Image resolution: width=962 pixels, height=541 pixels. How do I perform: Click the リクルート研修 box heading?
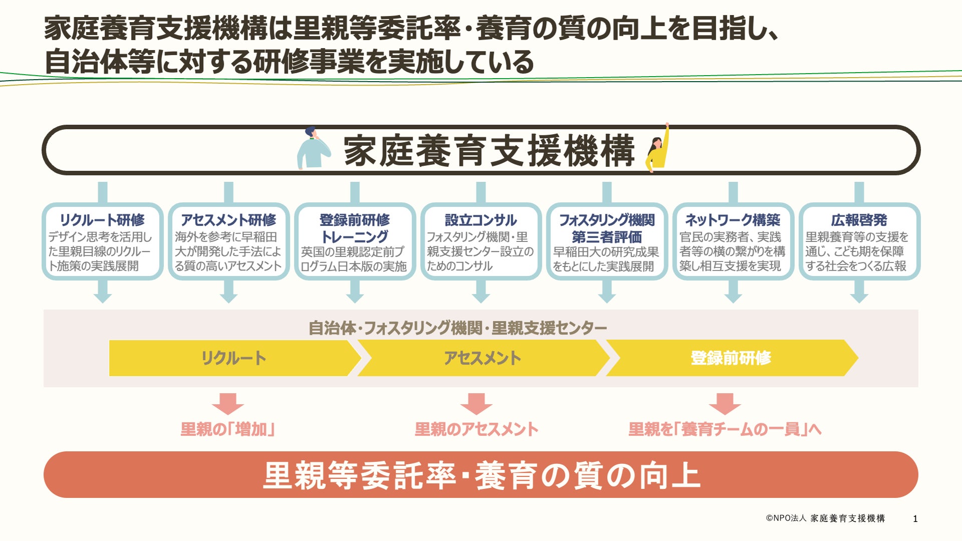(x=102, y=220)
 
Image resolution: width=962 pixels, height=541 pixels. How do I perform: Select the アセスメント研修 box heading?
(x=228, y=220)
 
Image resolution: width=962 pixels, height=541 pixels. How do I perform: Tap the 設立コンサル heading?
(x=481, y=220)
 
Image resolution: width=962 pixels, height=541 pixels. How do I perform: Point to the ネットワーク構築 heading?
(x=733, y=220)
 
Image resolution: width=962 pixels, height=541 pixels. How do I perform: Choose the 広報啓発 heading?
(x=859, y=220)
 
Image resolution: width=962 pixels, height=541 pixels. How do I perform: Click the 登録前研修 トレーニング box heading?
(x=355, y=228)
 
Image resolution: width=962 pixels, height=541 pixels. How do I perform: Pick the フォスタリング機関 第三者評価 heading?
(x=607, y=228)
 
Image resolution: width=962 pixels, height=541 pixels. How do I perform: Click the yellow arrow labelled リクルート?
(x=233, y=358)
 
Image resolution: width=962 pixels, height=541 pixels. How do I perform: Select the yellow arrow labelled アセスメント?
(x=482, y=358)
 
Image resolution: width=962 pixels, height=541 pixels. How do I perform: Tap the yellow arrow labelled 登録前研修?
(x=731, y=358)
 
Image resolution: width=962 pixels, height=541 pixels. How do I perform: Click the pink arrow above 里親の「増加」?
(x=228, y=403)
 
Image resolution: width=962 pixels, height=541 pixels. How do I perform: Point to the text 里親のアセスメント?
(x=476, y=429)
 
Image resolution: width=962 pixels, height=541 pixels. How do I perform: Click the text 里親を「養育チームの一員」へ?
(x=725, y=429)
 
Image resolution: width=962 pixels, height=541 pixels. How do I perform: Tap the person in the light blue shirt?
(x=313, y=149)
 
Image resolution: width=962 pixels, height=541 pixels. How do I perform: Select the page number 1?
(x=915, y=519)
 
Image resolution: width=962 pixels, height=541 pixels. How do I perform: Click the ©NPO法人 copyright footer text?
(x=825, y=518)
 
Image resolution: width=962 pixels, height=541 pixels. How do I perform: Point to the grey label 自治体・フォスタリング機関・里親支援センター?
(x=457, y=328)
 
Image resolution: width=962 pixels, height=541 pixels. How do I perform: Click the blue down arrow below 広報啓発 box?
(x=859, y=293)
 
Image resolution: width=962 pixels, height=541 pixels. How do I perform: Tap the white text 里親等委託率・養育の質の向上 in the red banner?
(x=481, y=475)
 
